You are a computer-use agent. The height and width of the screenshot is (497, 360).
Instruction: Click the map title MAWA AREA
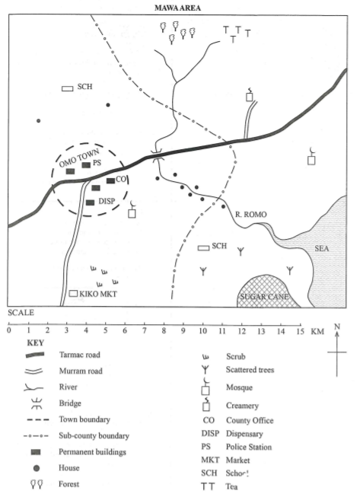tap(177, 8)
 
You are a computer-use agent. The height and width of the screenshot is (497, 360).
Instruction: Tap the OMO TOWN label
tap(79, 158)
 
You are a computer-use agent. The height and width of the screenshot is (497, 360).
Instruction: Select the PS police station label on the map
tap(97, 163)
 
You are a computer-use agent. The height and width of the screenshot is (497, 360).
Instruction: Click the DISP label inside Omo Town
tap(107, 201)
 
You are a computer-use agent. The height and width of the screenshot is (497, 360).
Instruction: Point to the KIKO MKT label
tap(98, 294)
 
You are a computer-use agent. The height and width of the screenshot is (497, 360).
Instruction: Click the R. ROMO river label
tap(250, 215)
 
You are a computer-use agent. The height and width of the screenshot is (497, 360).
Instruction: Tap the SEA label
tap(322, 248)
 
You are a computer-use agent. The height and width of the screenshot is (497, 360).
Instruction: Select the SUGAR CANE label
tap(264, 297)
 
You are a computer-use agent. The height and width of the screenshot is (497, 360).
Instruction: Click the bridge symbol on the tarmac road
tap(157, 156)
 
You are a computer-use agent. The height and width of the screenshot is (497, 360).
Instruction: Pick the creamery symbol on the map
tap(250, 95)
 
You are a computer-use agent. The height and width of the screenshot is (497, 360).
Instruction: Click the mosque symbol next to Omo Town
tap(132, 209)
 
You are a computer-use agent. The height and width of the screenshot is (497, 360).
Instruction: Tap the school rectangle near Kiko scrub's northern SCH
tap(67, 88)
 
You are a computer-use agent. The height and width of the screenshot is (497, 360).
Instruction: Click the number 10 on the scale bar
tap(202, 331)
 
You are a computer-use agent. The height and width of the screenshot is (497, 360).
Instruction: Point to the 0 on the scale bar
tap(9, 330)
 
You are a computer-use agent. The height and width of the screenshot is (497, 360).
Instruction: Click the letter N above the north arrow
tap(337, 327)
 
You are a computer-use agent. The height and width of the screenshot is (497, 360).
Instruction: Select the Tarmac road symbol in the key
tap(34, 355)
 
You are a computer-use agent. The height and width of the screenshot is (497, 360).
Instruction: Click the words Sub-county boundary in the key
tap(94, 436)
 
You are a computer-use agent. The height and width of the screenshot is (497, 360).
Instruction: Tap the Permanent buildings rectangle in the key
tap(36, 452)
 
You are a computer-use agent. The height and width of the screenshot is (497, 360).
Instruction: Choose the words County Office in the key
tap(250, 421)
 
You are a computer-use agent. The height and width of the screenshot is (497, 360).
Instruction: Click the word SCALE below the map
tap(21, 313)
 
